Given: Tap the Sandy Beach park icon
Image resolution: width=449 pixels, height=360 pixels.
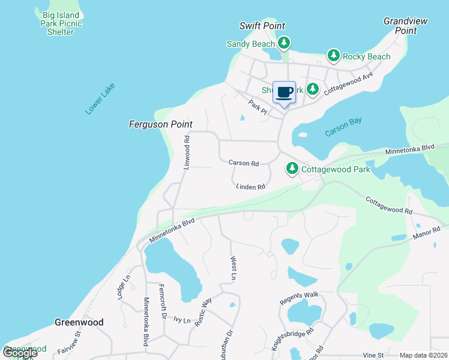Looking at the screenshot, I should click(x=284, y=43).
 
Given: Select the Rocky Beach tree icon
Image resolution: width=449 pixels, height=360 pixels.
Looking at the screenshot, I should click(x=334, y=56).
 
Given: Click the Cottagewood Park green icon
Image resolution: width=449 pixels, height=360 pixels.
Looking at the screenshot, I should click(x=292, y=169).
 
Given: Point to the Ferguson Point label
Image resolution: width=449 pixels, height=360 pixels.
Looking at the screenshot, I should click(x=160, y=124).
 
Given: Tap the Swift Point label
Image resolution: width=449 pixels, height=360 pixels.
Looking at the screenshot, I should click(x=262, y=26).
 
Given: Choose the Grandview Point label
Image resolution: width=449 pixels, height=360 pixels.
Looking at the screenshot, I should click(x=406, y=25).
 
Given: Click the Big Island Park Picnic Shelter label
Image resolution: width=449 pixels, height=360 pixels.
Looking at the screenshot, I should click(x=60, y=23).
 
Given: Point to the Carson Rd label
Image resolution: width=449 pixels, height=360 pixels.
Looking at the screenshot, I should click(x=243, y=163).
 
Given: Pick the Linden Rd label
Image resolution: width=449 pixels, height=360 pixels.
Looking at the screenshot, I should click(x=250, y=187).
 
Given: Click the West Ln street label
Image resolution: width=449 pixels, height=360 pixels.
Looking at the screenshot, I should click(x=234, y=268).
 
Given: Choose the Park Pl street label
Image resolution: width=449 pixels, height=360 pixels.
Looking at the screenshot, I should click(x=258, y=106).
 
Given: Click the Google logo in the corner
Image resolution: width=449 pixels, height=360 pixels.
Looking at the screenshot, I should click(x=20, y=353).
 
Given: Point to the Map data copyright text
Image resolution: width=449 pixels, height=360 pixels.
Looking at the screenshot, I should click(x=423, y=355).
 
